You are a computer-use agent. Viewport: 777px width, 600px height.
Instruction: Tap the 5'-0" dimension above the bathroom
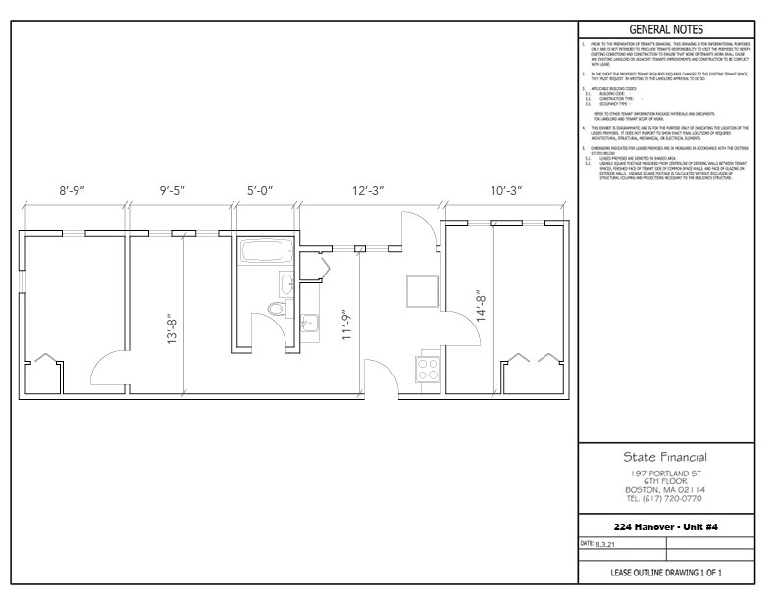click(264, 190)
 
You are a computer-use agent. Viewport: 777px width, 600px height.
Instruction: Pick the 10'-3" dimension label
click(505, 190)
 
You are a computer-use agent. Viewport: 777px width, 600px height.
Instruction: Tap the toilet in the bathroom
click(278, 309)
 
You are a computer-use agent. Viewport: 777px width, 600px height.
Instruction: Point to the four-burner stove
click(429, 370)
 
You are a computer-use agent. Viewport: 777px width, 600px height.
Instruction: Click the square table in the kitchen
click(423, 290)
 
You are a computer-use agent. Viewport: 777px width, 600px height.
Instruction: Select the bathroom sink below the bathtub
click(286, 284)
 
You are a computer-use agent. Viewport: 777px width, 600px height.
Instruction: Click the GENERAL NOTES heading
click(666, 29)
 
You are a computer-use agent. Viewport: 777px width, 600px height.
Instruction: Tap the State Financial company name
click(666, 457)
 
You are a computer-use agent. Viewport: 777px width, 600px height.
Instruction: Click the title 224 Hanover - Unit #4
click(666, 526)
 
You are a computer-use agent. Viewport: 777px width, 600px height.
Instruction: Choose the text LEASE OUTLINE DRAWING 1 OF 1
click(666, 572)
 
